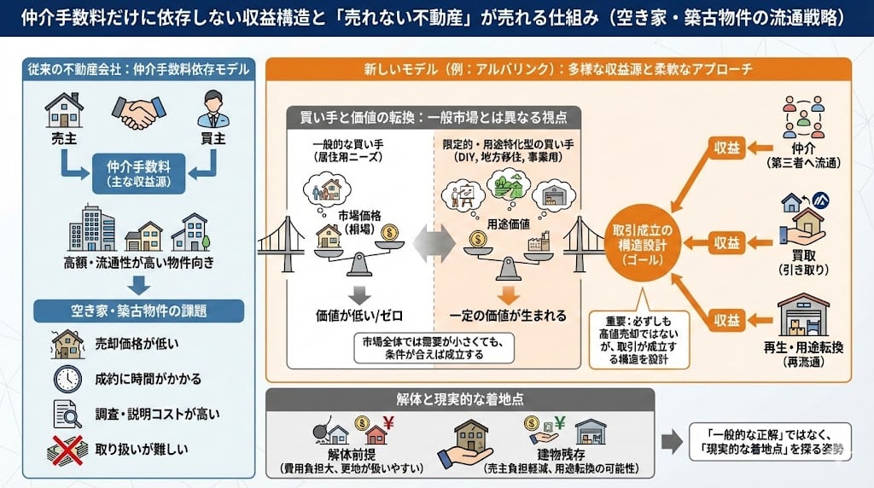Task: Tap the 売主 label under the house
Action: click(x=65, y=138)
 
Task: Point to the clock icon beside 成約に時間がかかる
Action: click(x=67, y=378)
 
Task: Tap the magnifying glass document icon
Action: click(x=67, y=414)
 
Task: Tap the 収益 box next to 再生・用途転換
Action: click(x=727, y=320)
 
